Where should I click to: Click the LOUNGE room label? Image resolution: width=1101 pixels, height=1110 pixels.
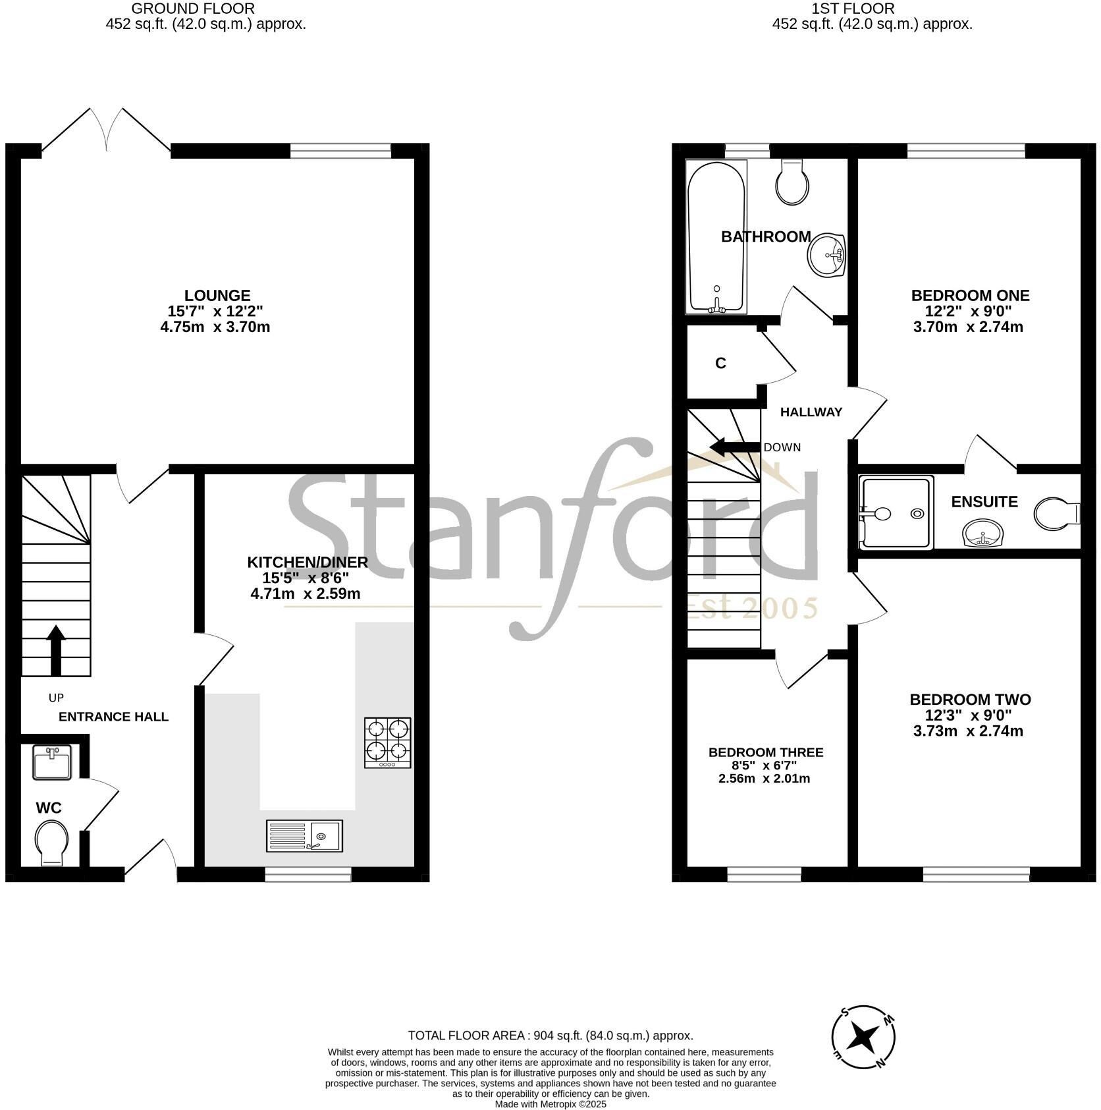click(217, 296)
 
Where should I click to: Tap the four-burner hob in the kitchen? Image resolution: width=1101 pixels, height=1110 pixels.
click(388, 742)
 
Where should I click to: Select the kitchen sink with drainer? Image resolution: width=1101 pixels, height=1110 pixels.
click(304, 835)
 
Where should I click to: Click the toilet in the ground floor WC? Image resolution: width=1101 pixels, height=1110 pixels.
click(51, 843)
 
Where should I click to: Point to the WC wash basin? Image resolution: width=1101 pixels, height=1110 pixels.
click(52, 763)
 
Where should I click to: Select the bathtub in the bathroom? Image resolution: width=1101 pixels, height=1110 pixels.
click(716, 236)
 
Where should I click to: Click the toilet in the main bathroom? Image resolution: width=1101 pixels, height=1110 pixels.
click(792, 181)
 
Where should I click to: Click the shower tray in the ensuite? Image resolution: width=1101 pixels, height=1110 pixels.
click(896, 513)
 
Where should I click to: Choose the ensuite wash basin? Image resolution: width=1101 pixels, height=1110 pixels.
click(982, 533)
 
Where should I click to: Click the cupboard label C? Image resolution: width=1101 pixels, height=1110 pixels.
click(720, 364)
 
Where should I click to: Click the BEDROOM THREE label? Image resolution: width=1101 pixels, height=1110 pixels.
click(766, 752)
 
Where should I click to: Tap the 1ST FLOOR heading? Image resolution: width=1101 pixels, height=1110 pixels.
click(853, 9)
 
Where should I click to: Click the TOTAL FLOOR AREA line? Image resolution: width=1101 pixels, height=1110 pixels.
click(550, 1036)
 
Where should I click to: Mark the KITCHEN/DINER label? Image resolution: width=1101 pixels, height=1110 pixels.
click(308, 562)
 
